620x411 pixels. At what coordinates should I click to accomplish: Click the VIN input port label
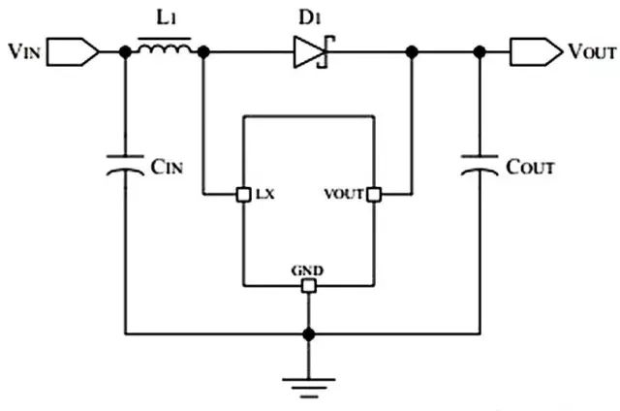(23, 52)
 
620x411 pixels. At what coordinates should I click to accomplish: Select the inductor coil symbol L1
(164, 48)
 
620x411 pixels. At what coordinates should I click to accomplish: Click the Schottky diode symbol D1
(312, 52)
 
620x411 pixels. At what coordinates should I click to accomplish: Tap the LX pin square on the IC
(242, 194)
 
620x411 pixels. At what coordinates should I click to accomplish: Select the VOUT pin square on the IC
(373, 194)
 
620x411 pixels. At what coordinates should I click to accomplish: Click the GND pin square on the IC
(308, 286)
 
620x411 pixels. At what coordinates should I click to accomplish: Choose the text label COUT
(528, 167)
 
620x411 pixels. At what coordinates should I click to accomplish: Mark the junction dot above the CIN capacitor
(124, 52)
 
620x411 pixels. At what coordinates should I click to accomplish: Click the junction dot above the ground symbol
(308, 334)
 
